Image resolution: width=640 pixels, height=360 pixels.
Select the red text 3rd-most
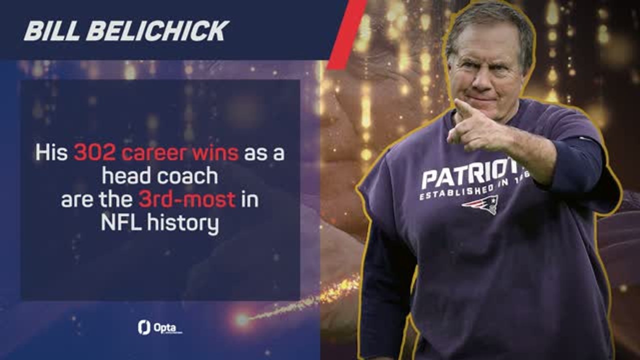coord(187,199)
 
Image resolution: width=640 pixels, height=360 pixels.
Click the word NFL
coord(120,222)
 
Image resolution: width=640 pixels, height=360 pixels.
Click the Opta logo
coord(159,327)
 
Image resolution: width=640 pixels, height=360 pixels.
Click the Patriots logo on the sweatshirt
coord(480,204)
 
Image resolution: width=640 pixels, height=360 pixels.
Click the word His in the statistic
coord(51,153)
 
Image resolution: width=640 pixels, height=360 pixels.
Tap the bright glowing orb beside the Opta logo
coord(242,320)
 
